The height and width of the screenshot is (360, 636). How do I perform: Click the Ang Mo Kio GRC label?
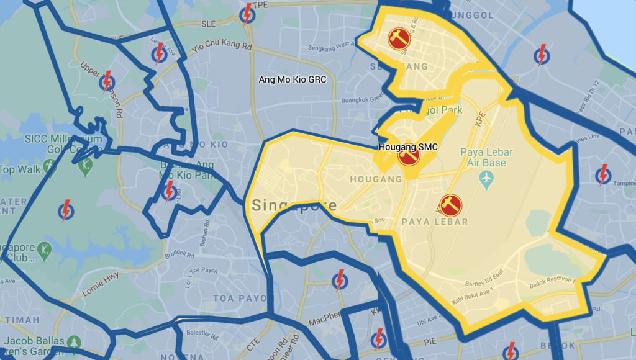292,80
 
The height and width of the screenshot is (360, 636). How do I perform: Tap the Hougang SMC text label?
408,147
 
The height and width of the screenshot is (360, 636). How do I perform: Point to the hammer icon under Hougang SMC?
408,156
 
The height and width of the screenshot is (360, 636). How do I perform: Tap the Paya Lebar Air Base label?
483,158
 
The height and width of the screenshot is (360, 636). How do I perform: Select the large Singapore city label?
294,205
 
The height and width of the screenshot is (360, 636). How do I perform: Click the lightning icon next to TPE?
247,14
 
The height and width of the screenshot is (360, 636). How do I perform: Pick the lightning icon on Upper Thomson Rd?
107,80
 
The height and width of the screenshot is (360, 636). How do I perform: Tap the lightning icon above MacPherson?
339,280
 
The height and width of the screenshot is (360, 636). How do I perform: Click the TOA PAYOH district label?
232,299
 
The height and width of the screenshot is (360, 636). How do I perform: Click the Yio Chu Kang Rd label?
222,47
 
